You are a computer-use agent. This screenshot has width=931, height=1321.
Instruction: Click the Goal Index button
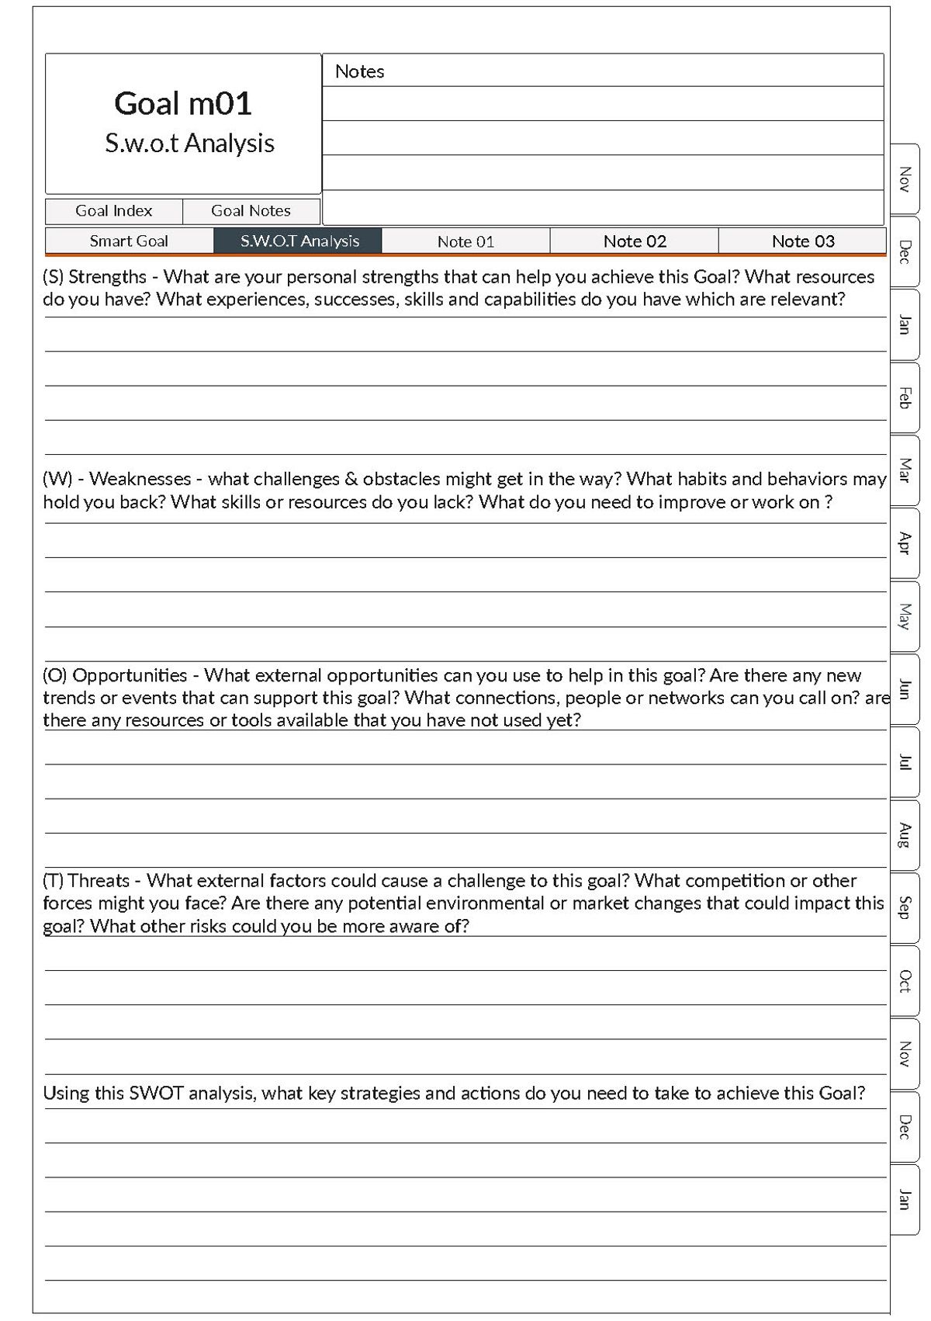114,211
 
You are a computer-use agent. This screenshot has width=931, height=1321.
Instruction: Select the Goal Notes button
251,211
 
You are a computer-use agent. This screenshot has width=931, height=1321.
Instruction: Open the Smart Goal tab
129,241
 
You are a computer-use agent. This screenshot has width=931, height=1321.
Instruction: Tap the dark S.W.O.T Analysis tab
299,241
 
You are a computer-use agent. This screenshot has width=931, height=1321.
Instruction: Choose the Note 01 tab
465,241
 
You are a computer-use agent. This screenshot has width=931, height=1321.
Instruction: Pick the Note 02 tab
635,241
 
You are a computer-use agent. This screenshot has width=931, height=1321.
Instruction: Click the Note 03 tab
803,241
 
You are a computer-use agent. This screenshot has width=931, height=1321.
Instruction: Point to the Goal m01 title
183,104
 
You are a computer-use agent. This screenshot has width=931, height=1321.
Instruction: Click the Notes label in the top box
359,71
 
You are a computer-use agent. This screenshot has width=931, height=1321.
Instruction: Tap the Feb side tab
904,397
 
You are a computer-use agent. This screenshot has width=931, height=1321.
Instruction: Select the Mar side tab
904,470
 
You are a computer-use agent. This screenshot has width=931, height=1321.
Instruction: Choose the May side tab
904,616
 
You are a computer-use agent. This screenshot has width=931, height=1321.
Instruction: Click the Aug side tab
904,835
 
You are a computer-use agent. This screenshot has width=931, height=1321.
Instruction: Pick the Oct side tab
904,981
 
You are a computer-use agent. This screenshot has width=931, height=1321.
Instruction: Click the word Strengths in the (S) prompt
107,277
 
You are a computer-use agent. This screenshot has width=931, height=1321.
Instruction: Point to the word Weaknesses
140,479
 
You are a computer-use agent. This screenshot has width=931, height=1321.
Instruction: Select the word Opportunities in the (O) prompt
130,675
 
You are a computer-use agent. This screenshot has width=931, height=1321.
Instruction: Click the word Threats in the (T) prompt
99,881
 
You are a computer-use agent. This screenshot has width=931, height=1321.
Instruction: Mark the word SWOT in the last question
156,1094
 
